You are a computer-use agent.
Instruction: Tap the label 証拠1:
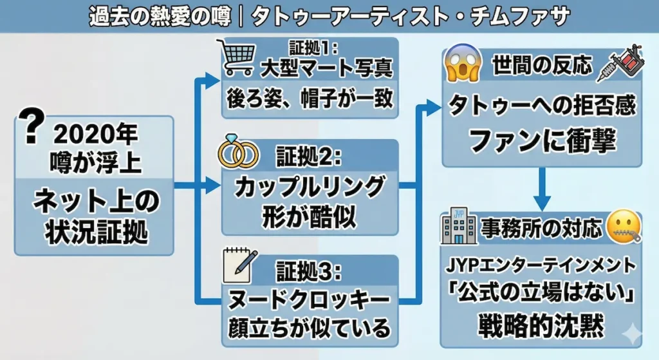[x=310, y=49]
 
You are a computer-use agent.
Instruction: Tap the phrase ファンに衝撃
[x=542, y=140]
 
